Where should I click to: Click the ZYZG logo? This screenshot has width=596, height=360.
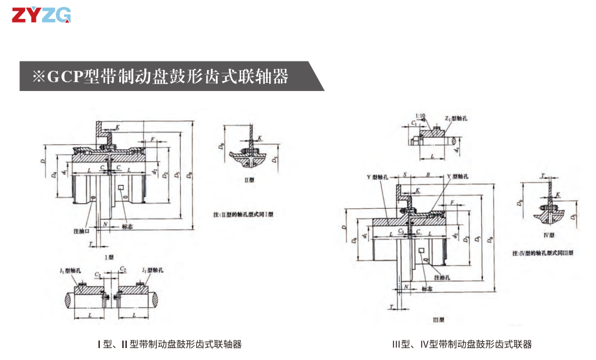click(x=41, y=15)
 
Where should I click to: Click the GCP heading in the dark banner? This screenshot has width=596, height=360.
click(x=160, y=77)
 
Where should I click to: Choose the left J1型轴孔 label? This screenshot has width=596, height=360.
click(x=71, y=270)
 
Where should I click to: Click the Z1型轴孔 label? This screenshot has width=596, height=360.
click(x=455, y=118)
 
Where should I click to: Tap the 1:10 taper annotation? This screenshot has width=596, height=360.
click(x=421, y=116)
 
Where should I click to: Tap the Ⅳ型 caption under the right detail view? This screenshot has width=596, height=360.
click(x=548, y=235)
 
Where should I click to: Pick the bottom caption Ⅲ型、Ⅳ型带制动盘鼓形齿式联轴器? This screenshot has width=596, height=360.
click(x=462, y=344)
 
